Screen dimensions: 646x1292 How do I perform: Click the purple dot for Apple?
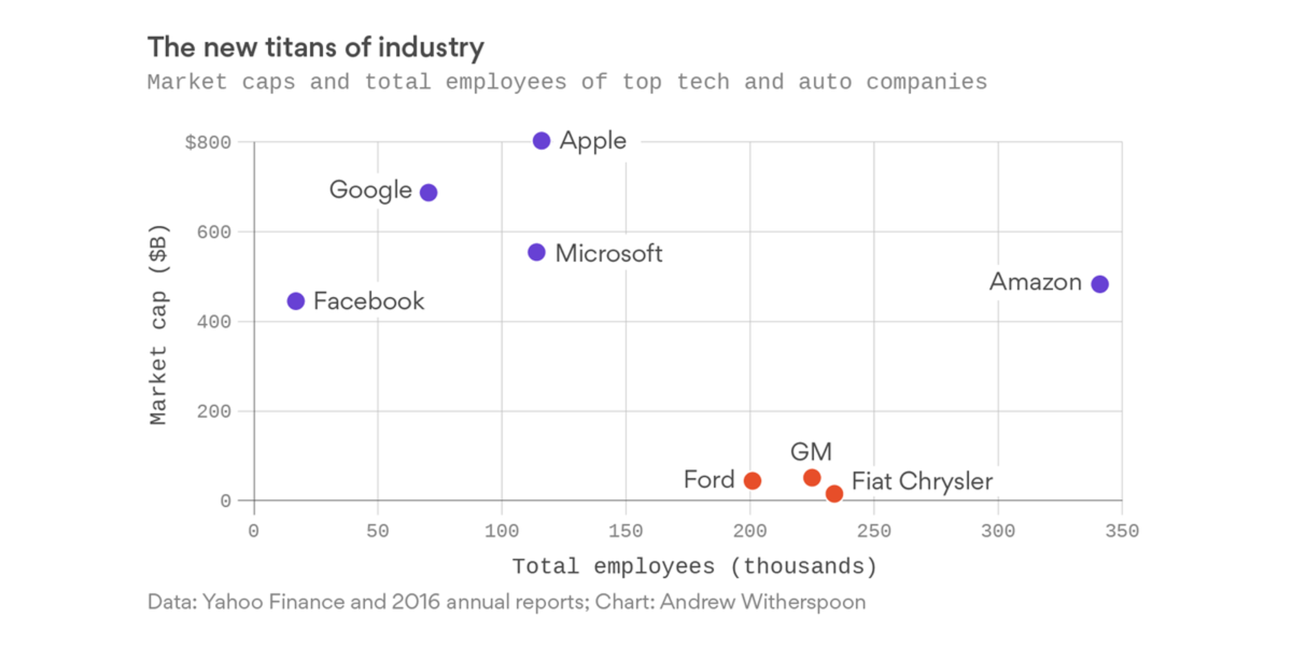coord(541,141)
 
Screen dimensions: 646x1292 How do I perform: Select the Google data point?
coord(428,193)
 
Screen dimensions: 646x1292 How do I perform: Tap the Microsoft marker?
coord(536,253)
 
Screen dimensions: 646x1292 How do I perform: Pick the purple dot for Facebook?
coord(296,301)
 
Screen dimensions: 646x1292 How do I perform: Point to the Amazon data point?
coord(1099,284)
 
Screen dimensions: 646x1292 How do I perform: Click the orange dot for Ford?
coord(752,481)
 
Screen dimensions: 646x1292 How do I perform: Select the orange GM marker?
coord(812,478)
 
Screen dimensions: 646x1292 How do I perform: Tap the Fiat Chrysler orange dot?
coord(834,494)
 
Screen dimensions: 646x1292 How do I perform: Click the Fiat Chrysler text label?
coord(922,481)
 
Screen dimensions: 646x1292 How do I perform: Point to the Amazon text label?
coord(1036,282)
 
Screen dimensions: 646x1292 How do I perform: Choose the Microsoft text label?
coord(609,253)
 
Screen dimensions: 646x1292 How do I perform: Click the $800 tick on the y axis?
coord(208,143)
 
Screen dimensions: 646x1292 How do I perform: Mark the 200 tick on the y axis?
coord(214,412)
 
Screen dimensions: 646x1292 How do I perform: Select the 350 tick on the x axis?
coord(1122,532)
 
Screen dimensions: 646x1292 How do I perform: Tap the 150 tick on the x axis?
coord(625,532)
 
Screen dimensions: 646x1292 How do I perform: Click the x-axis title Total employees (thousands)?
coord(694,567)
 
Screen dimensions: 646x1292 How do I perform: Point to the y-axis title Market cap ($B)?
coord(158,325)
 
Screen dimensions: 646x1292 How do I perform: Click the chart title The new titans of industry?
coord(316,47)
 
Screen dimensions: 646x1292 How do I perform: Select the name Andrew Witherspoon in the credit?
coord(762,602)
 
